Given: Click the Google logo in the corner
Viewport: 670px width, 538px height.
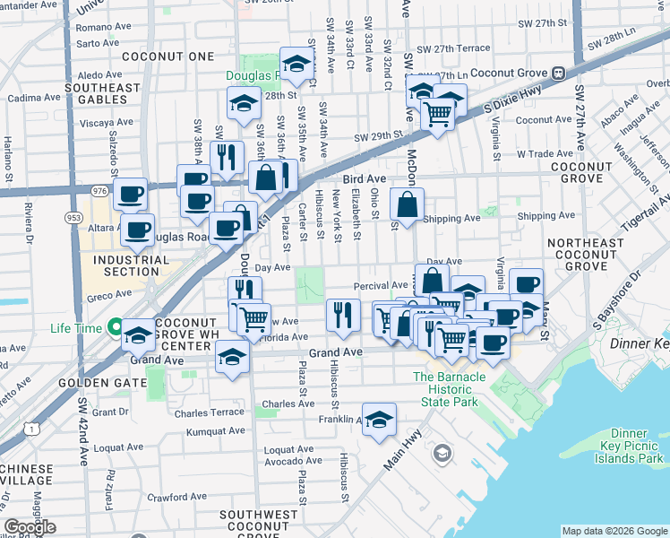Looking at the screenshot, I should coord(30,527).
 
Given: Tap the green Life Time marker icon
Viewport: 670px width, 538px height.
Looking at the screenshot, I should coord(114,328).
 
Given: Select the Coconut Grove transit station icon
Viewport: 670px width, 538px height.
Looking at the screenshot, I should coord(558,73).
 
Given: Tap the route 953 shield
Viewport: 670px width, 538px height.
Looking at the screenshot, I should coord(73,216).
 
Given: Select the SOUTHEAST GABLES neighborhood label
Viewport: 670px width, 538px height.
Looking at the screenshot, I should coord(103,93).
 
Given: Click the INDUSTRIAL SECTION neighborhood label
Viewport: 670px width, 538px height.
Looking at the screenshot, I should coord(125,265).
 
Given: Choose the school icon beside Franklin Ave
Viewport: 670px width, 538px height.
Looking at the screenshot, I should coord(379,419).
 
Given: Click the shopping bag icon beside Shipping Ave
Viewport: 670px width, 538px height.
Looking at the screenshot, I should coord(407,204).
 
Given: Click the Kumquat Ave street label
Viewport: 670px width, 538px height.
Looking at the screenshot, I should coord(215,431).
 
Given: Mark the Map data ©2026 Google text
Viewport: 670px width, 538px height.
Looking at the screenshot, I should coord(614,531).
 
